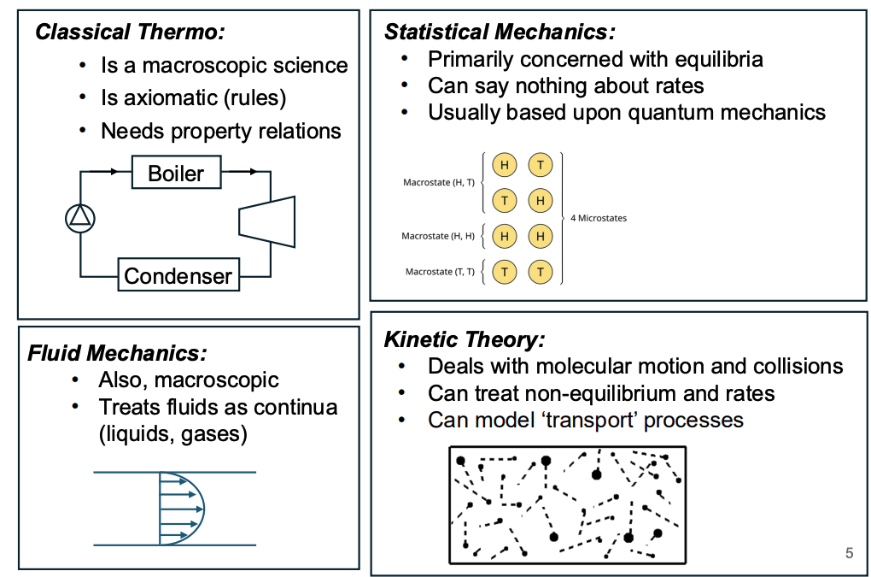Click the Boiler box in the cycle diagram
[x=176, y=173]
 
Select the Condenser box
[x=178, y=275]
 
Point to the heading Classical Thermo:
[x=130, y=33]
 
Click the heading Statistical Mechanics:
[x=500, y=32]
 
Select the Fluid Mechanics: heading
[x=117, y=352]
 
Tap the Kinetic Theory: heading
[x=465, y=339]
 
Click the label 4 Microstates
[x=598, y=218]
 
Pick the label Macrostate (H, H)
[x=437, y=236]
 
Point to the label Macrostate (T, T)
[x=440, y=272]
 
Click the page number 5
[x=849, y=553]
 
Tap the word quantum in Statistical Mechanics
[x=653, y=112]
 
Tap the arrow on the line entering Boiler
[x=112, y=172]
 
